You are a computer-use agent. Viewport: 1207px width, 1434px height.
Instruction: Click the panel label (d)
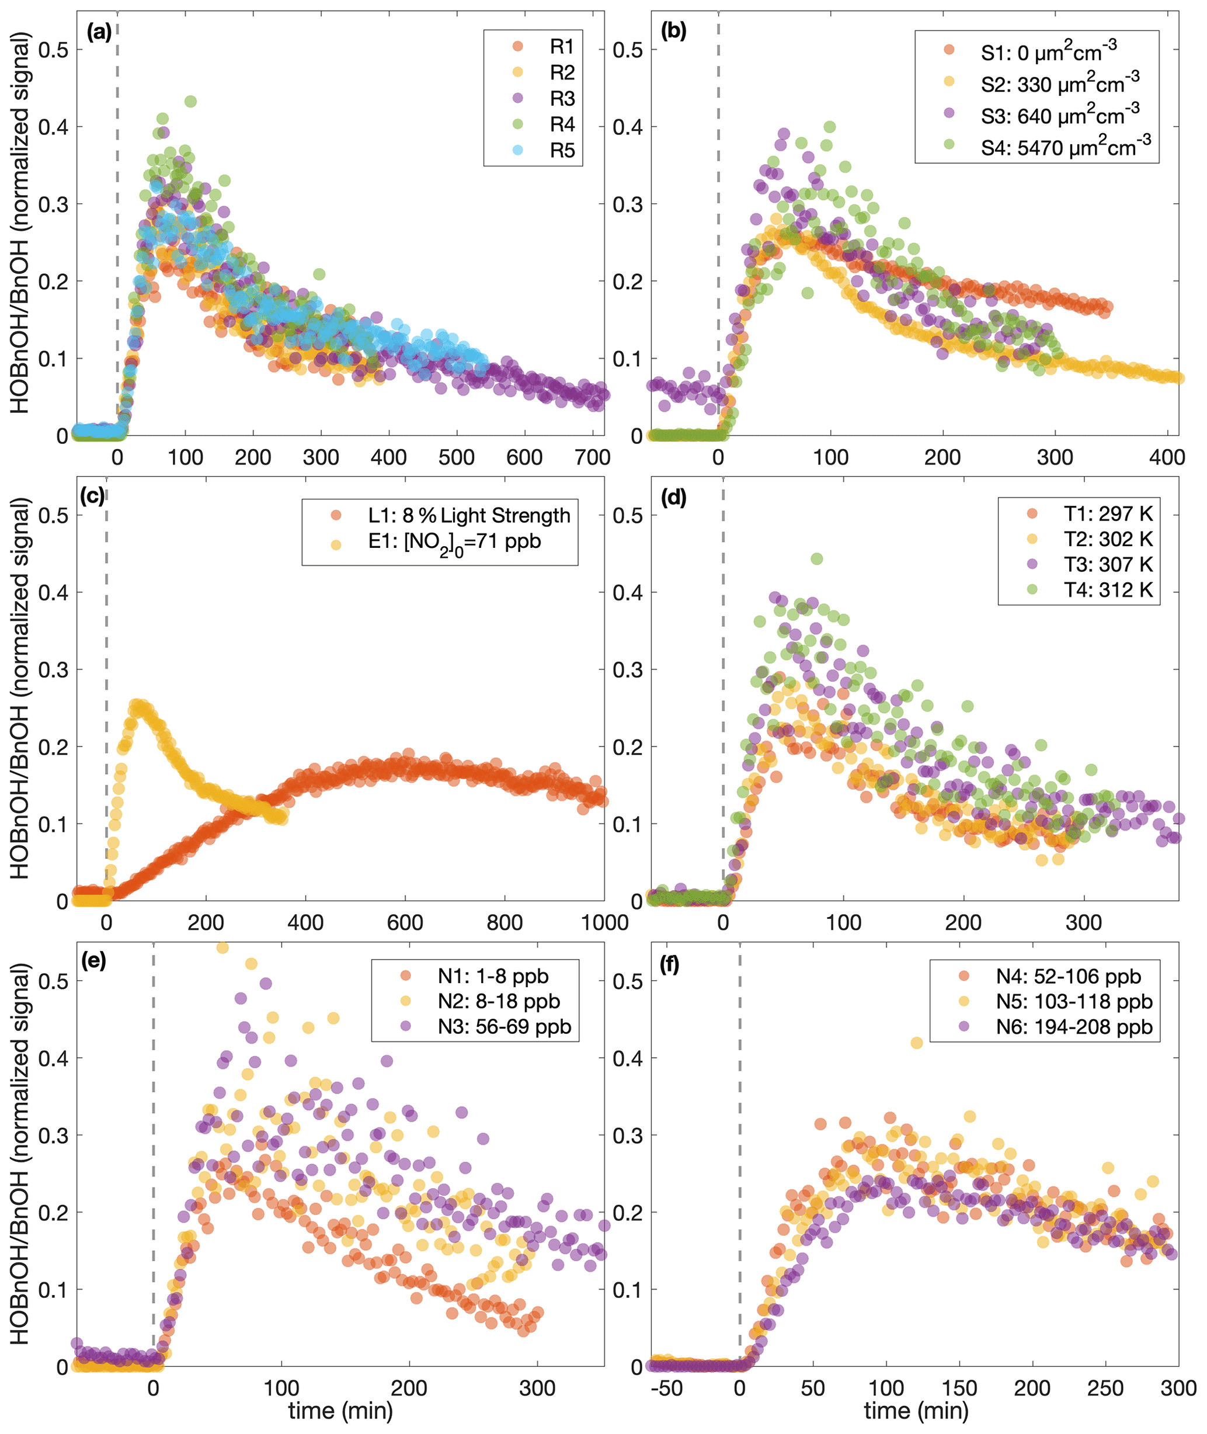[673, 498]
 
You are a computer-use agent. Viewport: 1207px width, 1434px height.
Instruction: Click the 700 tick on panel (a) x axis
[593, 457]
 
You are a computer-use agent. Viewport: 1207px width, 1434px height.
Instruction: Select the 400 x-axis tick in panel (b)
[1167, 457]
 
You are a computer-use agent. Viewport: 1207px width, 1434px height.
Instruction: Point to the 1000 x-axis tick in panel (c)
[604, 923]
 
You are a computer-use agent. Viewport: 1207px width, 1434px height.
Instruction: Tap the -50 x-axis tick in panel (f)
[665, 1388]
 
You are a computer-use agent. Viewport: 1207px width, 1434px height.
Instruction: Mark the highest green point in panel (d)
[816, 559]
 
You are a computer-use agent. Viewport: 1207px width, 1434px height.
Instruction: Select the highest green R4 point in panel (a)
[191, 101]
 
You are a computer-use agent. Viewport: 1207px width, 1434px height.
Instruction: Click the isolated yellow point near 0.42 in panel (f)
[916, 1043]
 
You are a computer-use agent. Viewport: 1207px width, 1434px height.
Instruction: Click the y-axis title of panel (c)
[20, 688]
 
